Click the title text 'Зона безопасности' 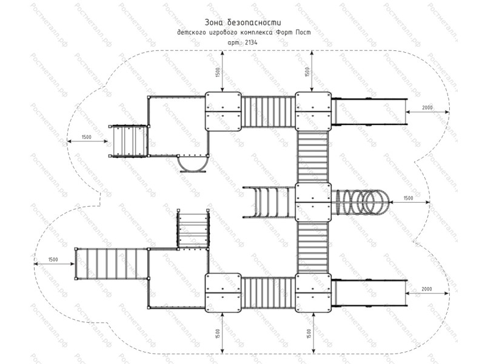[x=243, y=22]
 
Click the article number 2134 [x=251, y=42]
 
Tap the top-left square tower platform [x=223, y=112]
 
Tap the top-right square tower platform [x=313, y=112]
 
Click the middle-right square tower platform [x=313, y=202]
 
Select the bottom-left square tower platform [x=223, y=293]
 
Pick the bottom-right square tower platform [x=313, y=293]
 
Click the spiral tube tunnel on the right [x=360, y=202]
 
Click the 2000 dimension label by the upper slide [x=427, y=108]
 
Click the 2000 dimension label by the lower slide [x=427, y=289]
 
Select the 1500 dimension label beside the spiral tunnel [x=408, y=198]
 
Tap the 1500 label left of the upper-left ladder [x=87, y=137]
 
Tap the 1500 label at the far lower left [x=53, y=260]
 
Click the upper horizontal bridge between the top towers [x=268, y=112]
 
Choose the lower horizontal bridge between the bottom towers [x=268, y=293]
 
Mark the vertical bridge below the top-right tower [x=313, y=157]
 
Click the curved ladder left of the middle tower [x=269, y=203]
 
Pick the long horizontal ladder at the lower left [x=112, y=264]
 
